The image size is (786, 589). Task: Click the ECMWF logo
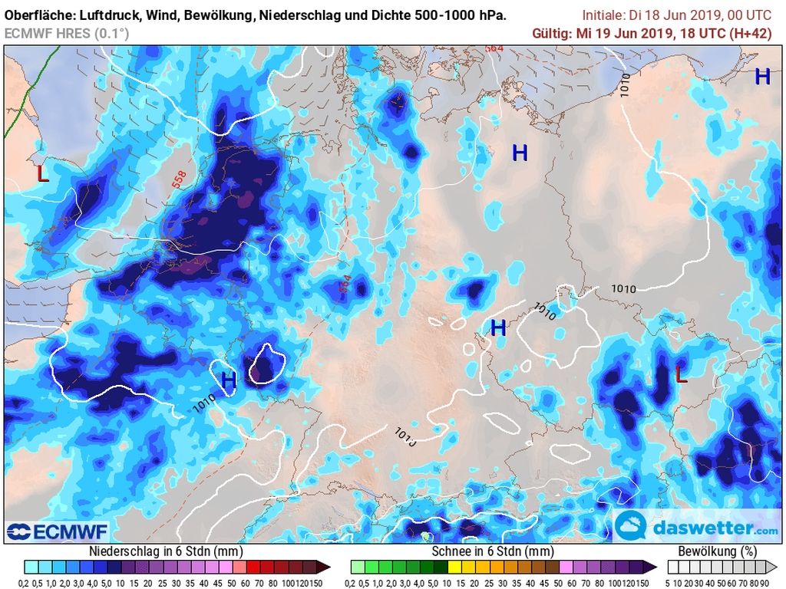pyautogui.click(x=58, y=531)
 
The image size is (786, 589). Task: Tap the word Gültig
pyautogui.click(x=551, y=32)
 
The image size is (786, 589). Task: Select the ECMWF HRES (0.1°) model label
pyautogui.click(x=67, y=33)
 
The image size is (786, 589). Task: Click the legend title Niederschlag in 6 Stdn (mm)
pyautogui.click(x=167, y=551)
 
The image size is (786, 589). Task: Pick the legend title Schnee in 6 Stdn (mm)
pyautogui.click(x=492, y=551)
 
